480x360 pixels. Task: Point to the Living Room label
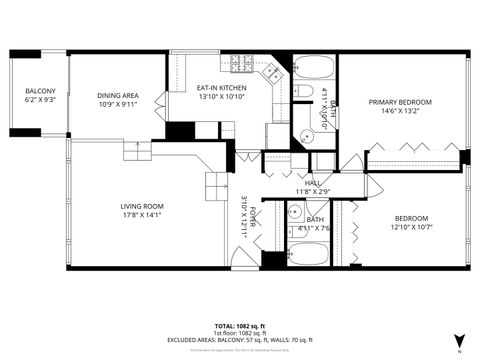pos(142,206)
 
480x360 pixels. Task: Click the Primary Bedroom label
pos(400,102)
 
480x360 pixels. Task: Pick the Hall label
pos(313,183)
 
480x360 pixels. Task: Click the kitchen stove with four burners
pos(271,72)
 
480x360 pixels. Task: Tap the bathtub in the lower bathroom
pos(310,254)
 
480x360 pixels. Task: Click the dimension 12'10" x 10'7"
pos(410,227)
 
